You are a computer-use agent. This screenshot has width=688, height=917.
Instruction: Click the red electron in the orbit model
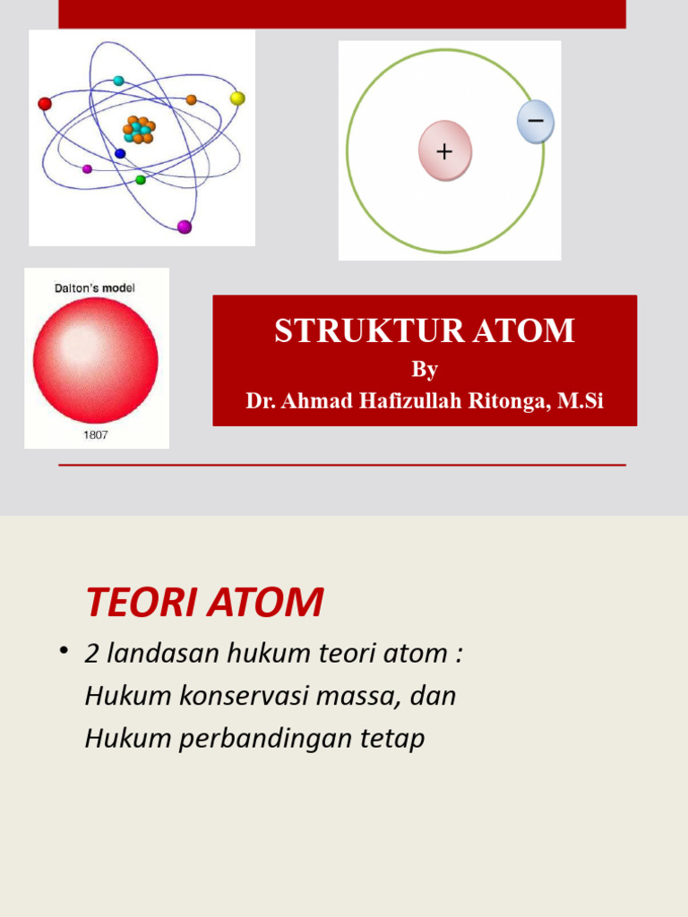(x=45, y=104)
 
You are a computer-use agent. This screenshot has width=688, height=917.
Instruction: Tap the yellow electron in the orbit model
(x=237, y=99)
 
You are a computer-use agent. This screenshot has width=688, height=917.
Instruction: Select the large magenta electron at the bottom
(x=185, y=227)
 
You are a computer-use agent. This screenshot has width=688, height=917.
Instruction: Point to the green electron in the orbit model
(x=141, y=180)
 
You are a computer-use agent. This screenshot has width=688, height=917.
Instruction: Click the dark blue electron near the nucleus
(x=120, y=153)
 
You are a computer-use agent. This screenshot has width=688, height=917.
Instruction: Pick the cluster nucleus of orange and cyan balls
(x=139, y=130)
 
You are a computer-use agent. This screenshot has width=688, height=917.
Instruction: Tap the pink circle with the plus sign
(x=444, y=150)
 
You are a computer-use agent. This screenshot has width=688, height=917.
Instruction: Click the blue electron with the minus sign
(x=536, y=122)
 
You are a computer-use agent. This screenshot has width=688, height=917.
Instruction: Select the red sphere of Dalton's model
(x=95, y=360)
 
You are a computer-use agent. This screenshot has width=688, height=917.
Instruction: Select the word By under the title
(x=425, y=369)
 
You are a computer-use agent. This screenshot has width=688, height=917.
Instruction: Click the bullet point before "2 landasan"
(x=64, y=651)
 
